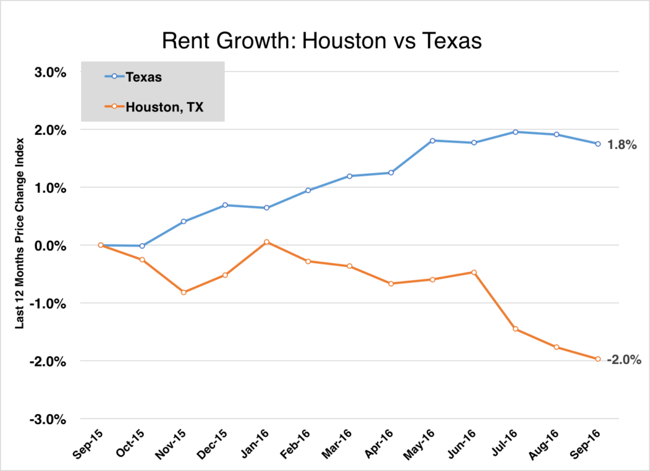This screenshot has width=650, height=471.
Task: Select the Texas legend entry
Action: [x=143, y=77]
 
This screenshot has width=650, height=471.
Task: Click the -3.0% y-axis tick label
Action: [x=48, y=419]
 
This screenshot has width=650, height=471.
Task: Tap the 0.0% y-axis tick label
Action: [x=50, y=245]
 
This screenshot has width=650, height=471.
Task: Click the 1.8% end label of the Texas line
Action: [x=621, y=145]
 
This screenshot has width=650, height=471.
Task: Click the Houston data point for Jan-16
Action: [x=267, y=242]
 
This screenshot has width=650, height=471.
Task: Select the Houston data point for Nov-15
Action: [x=183, y=292]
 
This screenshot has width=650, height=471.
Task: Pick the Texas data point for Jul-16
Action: [x=515, y=132]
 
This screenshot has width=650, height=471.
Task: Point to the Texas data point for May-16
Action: [x=432, y=140]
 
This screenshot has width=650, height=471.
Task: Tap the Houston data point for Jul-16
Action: [x=515, y=329]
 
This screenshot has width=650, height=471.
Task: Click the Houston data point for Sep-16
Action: [x=598, y=359]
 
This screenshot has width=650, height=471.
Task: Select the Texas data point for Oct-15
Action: [x=142, y=246]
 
